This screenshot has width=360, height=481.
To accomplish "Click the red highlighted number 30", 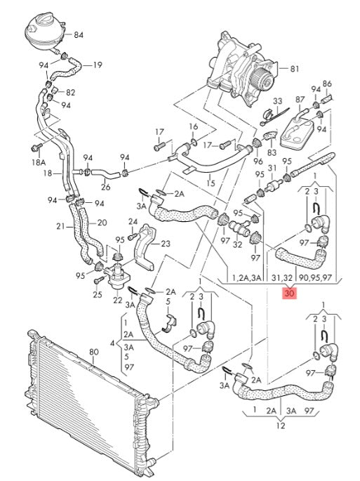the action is (289, 294).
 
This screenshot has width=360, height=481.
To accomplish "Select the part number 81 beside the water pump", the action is (294, 69).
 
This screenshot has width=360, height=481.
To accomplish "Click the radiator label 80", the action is (94, 352).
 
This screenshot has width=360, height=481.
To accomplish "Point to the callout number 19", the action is (98, 65).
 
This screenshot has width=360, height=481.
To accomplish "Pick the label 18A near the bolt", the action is (39, 162).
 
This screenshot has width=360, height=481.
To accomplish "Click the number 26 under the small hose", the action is (105, 187).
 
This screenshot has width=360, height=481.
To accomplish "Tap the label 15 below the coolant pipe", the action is (211, 183).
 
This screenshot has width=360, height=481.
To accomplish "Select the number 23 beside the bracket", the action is (166, 244).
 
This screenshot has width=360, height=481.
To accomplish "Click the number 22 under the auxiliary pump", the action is (117, 300).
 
